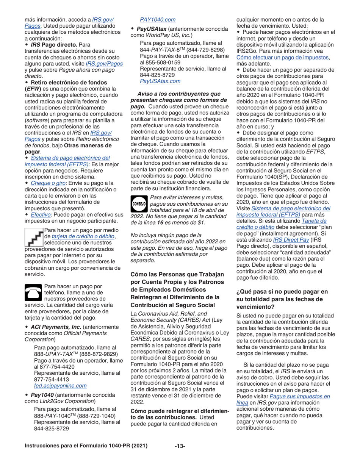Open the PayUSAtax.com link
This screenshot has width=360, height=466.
pyautogui.click(x=160, y=81)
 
